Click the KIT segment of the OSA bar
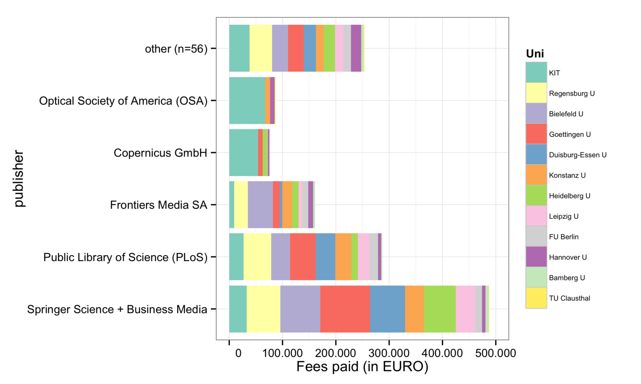click(x=247, y=100)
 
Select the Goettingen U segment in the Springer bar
click(x=345, y=309)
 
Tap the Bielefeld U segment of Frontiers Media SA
click(x=260, y=204)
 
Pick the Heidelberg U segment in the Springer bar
click(x=439, y=309)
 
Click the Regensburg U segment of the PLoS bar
click(x=257, y=257)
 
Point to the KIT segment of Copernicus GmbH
click(x=244, y=152)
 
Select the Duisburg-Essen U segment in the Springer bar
click(x=387, y=309)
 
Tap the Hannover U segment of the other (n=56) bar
click(x=356, y=48)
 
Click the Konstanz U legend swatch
click(x=536, y=175)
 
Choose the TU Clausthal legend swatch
click(x=536, y=298)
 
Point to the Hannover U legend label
click(x=568, y=257)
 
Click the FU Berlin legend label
click(x=564, y=237)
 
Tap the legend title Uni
click(x=535, y=54)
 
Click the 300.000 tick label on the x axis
click(x=389, y=353)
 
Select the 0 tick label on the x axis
click(x=238, y=353)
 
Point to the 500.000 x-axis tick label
click(x=495, y=353)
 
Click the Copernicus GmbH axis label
click(x=160, y=153)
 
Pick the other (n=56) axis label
click(x=176, y=49)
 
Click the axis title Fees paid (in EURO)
click(x=362, y=366)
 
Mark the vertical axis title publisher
click(x=19, y=178)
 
